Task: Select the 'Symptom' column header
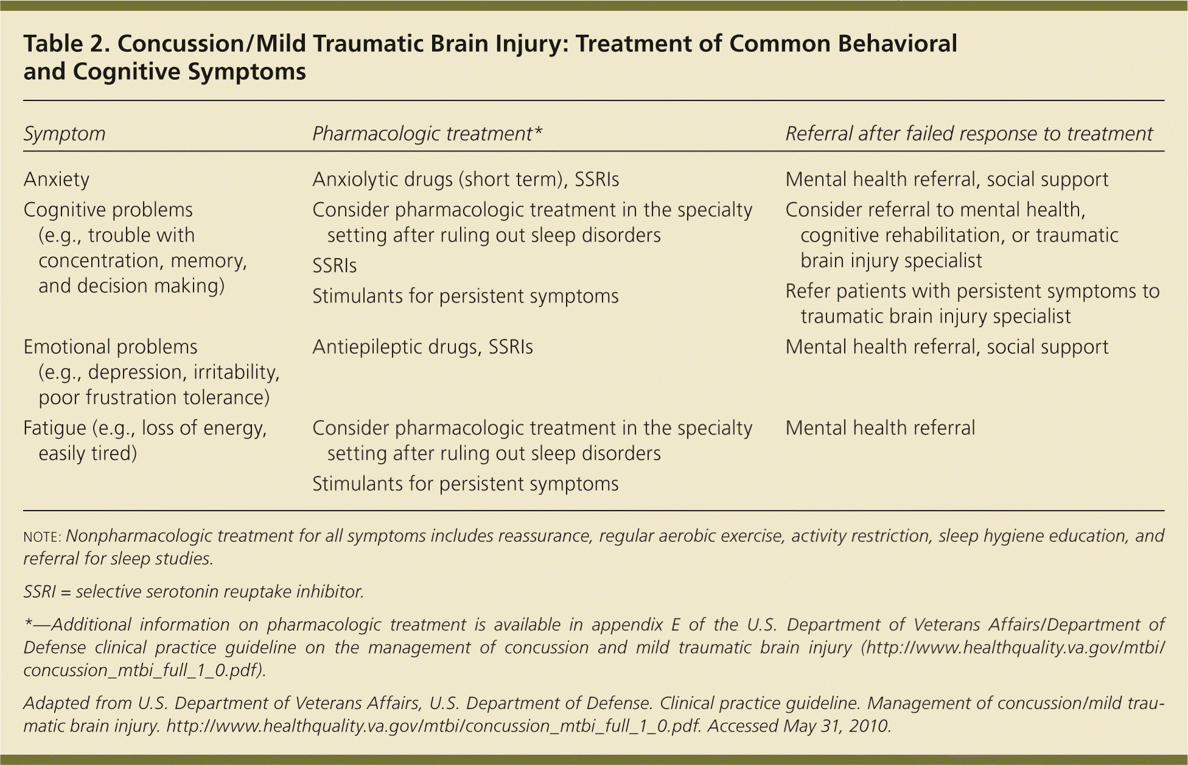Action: pos(65,134)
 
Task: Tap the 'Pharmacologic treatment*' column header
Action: pos(427,134)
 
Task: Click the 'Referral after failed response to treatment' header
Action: pos(969,134)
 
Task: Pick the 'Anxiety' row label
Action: pos(57,180)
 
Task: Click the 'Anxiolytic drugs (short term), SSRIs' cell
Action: pos(466,180)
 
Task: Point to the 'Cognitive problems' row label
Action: pos(108,210)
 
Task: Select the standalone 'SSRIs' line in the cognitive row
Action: pos(334,266)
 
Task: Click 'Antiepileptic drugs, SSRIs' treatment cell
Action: pos(422,347)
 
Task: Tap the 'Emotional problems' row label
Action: pos(111,347)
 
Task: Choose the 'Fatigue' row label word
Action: pos(55,428)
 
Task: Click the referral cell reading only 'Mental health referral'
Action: pos(880,428)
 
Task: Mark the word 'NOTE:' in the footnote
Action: pos(42,537)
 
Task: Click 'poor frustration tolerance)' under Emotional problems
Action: pos(154,398)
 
